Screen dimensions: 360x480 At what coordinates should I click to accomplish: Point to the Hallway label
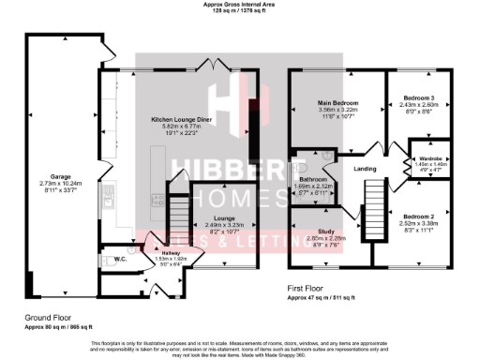(169, 252)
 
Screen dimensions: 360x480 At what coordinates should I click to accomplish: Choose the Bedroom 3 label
(417, 97)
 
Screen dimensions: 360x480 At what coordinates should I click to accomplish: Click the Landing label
(365, 169)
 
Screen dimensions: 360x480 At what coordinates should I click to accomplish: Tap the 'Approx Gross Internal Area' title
(241, 4)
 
